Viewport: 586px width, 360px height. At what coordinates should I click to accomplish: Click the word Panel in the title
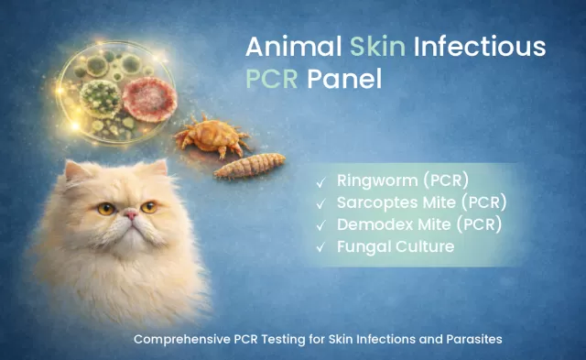coord(348,80)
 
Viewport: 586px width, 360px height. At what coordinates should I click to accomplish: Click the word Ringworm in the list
coord(374,180)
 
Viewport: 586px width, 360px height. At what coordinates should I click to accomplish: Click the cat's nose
coord(131,215)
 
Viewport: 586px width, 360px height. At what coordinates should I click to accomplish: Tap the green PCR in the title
coord(274,80)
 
